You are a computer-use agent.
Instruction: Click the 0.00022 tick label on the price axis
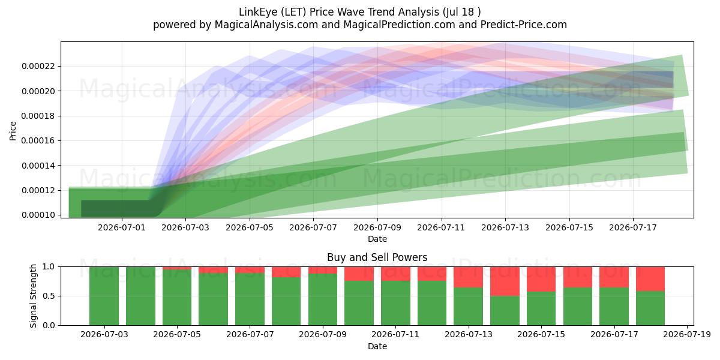click(x=38, y=66)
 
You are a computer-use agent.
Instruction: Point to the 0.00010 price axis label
click(x=38, y=215)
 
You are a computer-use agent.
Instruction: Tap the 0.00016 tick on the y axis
click(x=38, y=141)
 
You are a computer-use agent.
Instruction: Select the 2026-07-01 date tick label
click(x=121, y=227)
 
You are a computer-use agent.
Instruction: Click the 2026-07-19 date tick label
click(x=687, y=334)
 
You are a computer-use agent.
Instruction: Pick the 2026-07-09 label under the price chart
click(x=377, y=227)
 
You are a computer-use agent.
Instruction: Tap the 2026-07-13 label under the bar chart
click(x=469, y=334)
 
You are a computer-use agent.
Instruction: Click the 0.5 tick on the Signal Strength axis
click(x=49, y=296)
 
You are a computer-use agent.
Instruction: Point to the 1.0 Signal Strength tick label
click(x=49, y=267)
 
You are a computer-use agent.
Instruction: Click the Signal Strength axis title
click(x=33, y=296)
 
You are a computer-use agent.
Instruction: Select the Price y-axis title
click(x=13, y=131)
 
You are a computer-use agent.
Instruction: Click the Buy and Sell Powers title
click(x=377, y=257)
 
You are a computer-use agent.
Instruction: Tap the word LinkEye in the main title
click(x=258, y=12)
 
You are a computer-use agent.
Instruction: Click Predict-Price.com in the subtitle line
click(x=524, y=25)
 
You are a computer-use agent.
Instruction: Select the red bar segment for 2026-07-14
click(x=505, y=281)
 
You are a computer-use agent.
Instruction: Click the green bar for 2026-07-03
click(x=104, y=296)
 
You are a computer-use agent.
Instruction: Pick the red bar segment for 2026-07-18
click(x=650, y=279)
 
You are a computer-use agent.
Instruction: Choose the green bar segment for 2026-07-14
click(x=505, y=311)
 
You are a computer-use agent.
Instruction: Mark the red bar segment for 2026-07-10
click(x=359, y=274)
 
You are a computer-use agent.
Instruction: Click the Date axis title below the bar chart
click(x=377, y=347)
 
